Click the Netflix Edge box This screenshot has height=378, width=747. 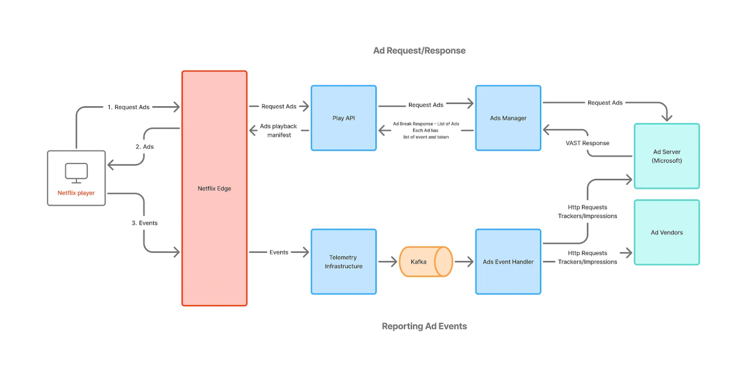point(214,189)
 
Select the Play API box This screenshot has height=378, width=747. point(343,118)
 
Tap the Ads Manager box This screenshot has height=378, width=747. point(508,118)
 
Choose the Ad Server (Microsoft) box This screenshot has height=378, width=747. point(667,156)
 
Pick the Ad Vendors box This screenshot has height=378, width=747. point(667,233)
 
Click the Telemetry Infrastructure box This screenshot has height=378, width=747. point(343,262)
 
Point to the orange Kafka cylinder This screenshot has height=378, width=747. point(426,262)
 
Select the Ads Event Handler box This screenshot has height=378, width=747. point(508,262)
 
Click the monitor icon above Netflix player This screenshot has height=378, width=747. point(76,173)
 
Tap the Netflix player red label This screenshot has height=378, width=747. point(76,193)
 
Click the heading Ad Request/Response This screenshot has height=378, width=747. point(419,51)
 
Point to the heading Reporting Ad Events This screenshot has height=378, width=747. point(424,326)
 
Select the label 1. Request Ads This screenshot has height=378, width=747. point(128,107)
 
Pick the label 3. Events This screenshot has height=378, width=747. point(145,223)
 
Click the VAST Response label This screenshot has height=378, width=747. point(588,143)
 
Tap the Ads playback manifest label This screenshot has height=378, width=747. point(279,131)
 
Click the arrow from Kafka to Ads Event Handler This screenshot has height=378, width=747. point(464,262)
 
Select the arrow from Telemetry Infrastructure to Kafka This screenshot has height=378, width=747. point(387,262)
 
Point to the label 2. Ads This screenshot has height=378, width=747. point(145,147)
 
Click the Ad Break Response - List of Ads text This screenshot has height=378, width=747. point(426,124)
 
